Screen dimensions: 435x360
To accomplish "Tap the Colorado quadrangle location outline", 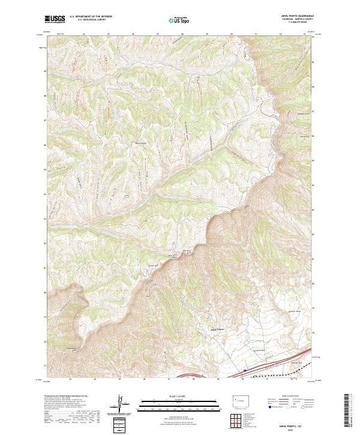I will [239, 399].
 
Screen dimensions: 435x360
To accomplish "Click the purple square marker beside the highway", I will [245, 368].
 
